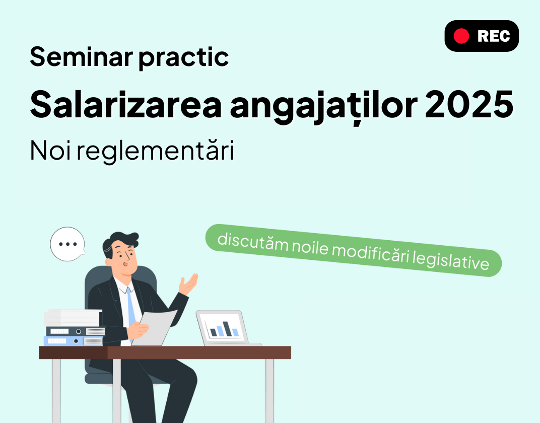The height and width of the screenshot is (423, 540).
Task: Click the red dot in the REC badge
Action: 461,36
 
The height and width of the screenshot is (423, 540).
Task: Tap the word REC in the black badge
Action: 494,36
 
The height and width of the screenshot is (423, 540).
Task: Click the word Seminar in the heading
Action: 82,56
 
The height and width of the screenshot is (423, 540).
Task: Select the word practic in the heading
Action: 184,57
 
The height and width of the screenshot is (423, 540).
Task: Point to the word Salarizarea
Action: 126,104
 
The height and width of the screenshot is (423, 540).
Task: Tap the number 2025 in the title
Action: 469,104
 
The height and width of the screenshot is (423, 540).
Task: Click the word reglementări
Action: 155,152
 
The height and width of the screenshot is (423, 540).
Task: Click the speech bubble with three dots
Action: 68,244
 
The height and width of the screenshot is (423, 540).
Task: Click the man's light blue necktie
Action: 130,308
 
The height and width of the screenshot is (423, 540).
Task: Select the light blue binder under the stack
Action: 74,341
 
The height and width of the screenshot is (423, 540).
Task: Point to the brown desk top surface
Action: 165,353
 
